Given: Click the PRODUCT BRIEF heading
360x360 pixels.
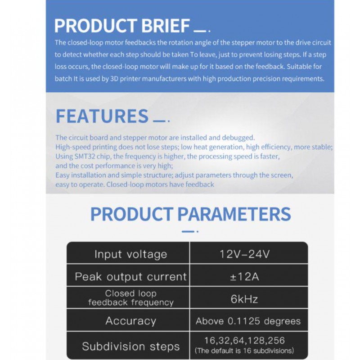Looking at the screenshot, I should click(122, 26).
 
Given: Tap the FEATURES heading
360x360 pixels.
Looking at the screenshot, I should click(102, 116).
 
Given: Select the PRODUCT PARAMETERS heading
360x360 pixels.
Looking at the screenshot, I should click(190, 214).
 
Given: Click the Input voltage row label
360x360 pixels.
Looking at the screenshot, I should click(130, 254).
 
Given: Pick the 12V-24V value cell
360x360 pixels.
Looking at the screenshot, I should click(245, 254).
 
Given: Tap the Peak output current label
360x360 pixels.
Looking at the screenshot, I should click(130, 276).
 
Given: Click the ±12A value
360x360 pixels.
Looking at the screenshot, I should click(245, 276).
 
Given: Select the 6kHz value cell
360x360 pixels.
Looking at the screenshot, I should click(245, 298).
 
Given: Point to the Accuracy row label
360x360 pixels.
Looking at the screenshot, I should click(130, 321).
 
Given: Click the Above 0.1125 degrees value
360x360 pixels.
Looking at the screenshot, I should click(248, 321).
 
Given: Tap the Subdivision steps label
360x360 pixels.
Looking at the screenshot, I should click(130, 346).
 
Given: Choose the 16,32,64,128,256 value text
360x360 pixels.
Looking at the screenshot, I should click(244, 341).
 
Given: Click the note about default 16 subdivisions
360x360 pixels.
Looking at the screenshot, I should click(244, 351).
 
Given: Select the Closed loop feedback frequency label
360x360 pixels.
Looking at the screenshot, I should click(130, 298).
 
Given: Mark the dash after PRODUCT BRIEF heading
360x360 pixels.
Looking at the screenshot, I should click(199, 31).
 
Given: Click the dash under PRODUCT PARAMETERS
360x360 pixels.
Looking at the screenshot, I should click(189, 231).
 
